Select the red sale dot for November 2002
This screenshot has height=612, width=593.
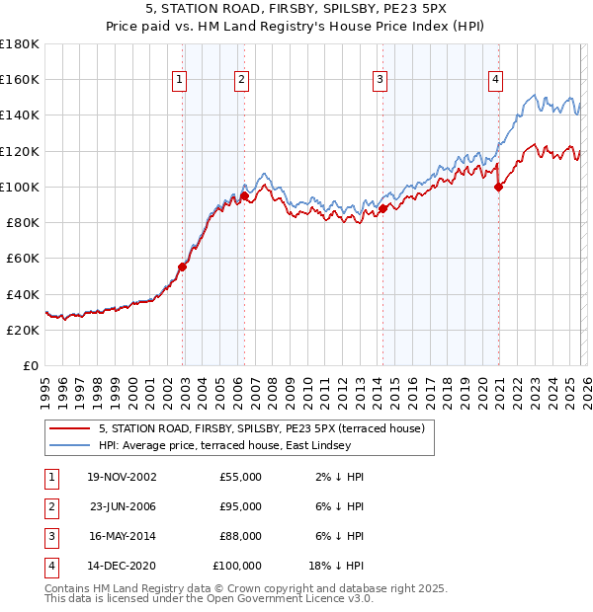coord(183,267)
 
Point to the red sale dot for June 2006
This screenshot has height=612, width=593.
coord(244,195)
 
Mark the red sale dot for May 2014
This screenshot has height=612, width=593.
coord(382,208)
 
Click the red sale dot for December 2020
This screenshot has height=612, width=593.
coord(498,187)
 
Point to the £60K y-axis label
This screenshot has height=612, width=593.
coord(22,259)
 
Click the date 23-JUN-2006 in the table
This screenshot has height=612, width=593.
coord(123,506)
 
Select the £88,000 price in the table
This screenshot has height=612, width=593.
coord(240,536)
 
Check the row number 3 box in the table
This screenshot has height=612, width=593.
coord(48,536)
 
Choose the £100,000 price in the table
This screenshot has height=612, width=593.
coord(237,566)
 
